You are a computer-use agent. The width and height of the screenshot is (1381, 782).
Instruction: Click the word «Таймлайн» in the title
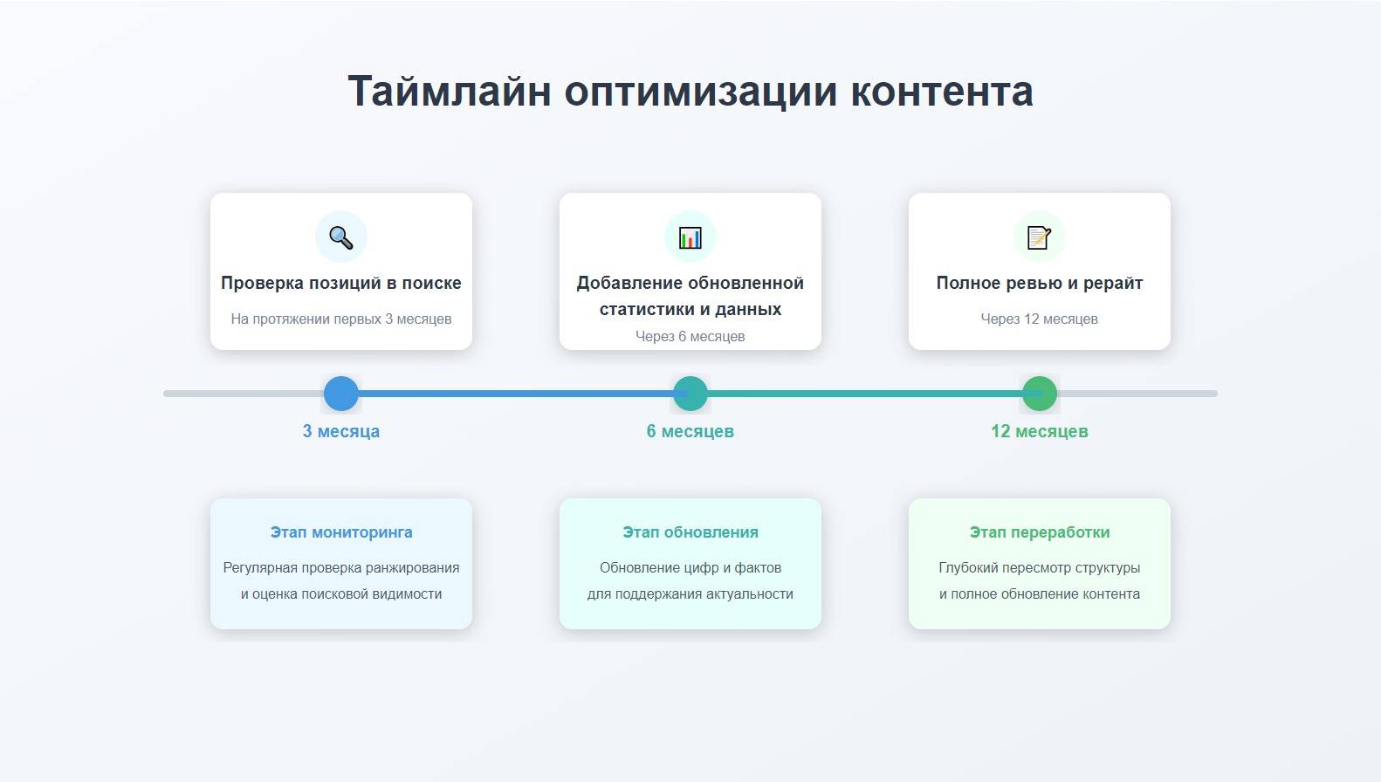point(449,92)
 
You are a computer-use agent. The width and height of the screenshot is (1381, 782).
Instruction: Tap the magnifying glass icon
point(341,237)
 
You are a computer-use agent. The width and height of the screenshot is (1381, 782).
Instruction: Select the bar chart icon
point(690,237)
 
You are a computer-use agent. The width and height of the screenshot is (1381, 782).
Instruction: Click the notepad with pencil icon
point(1039,237)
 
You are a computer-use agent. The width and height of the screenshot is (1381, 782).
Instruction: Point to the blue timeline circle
point(341,394)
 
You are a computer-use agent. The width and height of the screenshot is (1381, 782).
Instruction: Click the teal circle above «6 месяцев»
point(690,394)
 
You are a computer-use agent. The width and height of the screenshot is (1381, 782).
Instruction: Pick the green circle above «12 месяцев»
point(1039,394)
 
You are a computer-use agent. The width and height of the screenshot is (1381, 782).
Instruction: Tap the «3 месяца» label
point(341,431)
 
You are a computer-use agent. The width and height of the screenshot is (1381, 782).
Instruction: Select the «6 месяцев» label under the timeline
point(690,431)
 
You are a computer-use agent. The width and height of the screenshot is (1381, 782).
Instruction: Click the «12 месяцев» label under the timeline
point(1039,431)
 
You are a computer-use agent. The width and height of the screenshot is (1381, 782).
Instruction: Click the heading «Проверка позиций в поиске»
point(341,283)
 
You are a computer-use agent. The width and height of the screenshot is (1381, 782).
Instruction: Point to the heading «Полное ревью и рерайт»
point(1039,283)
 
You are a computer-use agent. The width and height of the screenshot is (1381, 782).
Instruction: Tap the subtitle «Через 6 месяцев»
point(690,336)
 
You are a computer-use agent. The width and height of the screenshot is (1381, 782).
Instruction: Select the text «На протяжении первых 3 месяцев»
point(341,319)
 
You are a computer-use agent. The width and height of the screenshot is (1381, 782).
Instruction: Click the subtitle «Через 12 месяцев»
point(1039,319)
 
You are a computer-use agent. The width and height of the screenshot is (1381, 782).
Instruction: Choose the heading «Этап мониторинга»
point(341,532)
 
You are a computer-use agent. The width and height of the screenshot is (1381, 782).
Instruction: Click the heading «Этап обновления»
point(690,532)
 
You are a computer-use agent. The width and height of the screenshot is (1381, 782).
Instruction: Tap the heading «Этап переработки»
point(1039,532)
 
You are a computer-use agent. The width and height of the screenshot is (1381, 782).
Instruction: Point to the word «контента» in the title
point(942,92)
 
